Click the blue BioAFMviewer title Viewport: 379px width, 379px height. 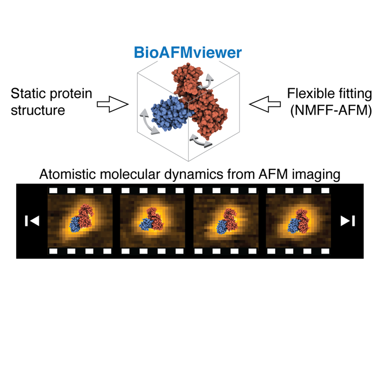coord(188,53)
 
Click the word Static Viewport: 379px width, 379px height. coord(28,93)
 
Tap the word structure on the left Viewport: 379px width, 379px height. coord(38,110)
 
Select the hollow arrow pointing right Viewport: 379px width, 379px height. coord(113,104)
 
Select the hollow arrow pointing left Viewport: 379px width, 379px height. coord(265,104)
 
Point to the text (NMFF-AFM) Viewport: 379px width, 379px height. coord(331,111)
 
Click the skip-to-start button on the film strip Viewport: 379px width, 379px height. coord(32,221)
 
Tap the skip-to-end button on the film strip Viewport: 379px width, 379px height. coord(348,221)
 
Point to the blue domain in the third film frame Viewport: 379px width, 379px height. coord(222,227)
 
